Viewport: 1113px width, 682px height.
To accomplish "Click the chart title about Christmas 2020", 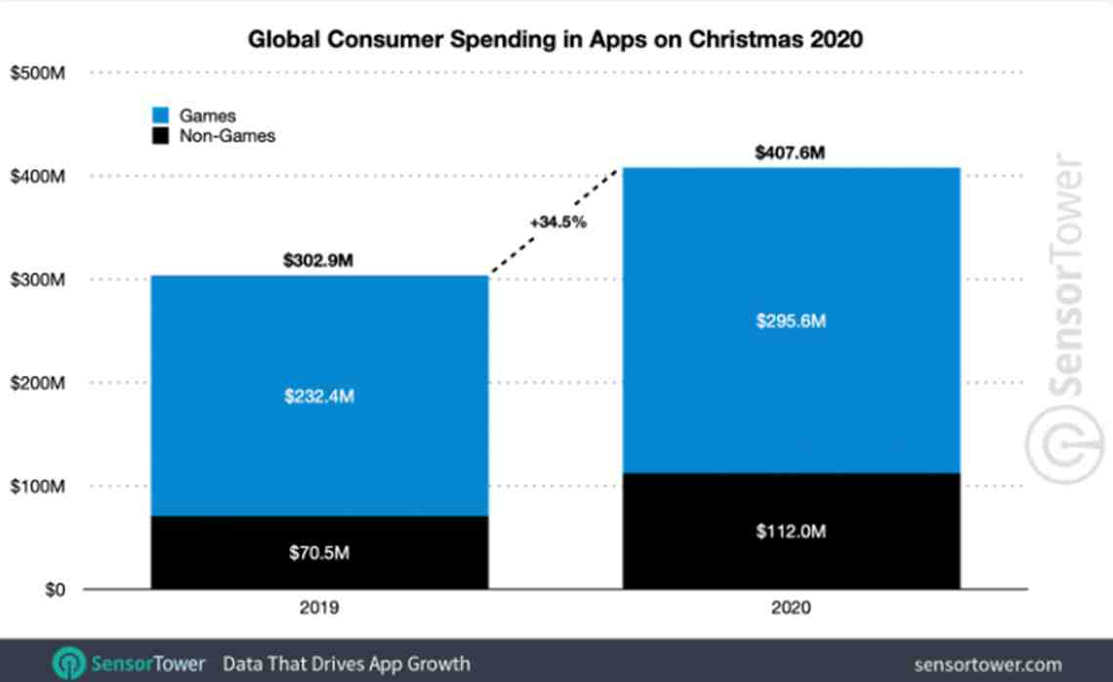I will tap(556, 40).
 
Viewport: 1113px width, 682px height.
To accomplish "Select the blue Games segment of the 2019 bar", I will tap(318, 396).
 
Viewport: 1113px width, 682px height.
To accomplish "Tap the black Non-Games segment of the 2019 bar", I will tap(318, 552).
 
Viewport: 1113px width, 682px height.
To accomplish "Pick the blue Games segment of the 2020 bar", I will tap(791, 320).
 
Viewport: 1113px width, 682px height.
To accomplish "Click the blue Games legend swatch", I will tap(161, 116).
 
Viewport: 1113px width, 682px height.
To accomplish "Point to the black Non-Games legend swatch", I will tap(161, 136).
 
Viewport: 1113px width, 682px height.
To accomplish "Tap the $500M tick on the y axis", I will tap(37, 73).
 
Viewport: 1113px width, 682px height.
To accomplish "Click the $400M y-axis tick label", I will tap(37, 177).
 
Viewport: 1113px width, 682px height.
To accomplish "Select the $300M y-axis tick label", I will tap(37, 280).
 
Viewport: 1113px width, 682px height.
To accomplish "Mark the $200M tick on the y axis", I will tap(37, 383).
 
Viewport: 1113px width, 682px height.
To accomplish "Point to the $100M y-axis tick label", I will tap(37, 487).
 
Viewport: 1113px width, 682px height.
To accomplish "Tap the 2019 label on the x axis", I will tap(318, 609).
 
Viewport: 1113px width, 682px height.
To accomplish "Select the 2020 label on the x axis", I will tap(791, 609).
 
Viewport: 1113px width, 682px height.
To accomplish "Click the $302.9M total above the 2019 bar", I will tap(318, 262).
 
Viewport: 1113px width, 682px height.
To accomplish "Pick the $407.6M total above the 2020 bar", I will tap(791, 153).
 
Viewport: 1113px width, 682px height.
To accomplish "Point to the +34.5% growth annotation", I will tap(557, 222).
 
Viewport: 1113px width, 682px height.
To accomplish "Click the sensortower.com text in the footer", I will tap(987, 664).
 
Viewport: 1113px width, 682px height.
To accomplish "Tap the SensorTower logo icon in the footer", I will tap(68, 663).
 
